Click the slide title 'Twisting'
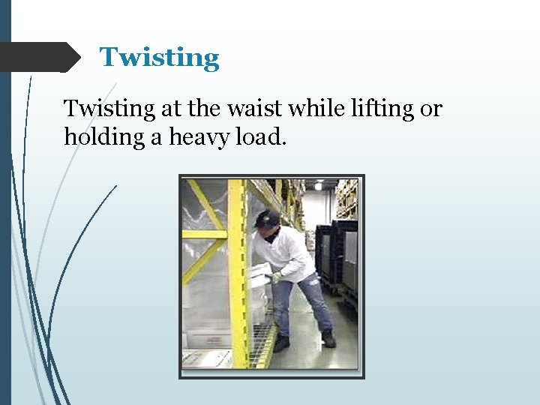(x=160, y=58)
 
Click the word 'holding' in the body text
(x=95, y=137)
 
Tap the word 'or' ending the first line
(x=432, y=109)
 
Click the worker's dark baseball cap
(x=267, y=219)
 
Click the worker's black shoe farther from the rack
(x=328, y=338)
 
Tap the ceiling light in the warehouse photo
(x=318, y=185)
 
